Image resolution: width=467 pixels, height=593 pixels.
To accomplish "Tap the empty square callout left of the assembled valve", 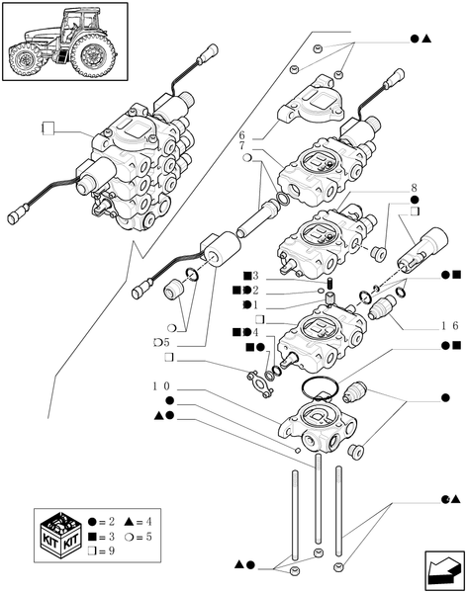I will tap(47, 127).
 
